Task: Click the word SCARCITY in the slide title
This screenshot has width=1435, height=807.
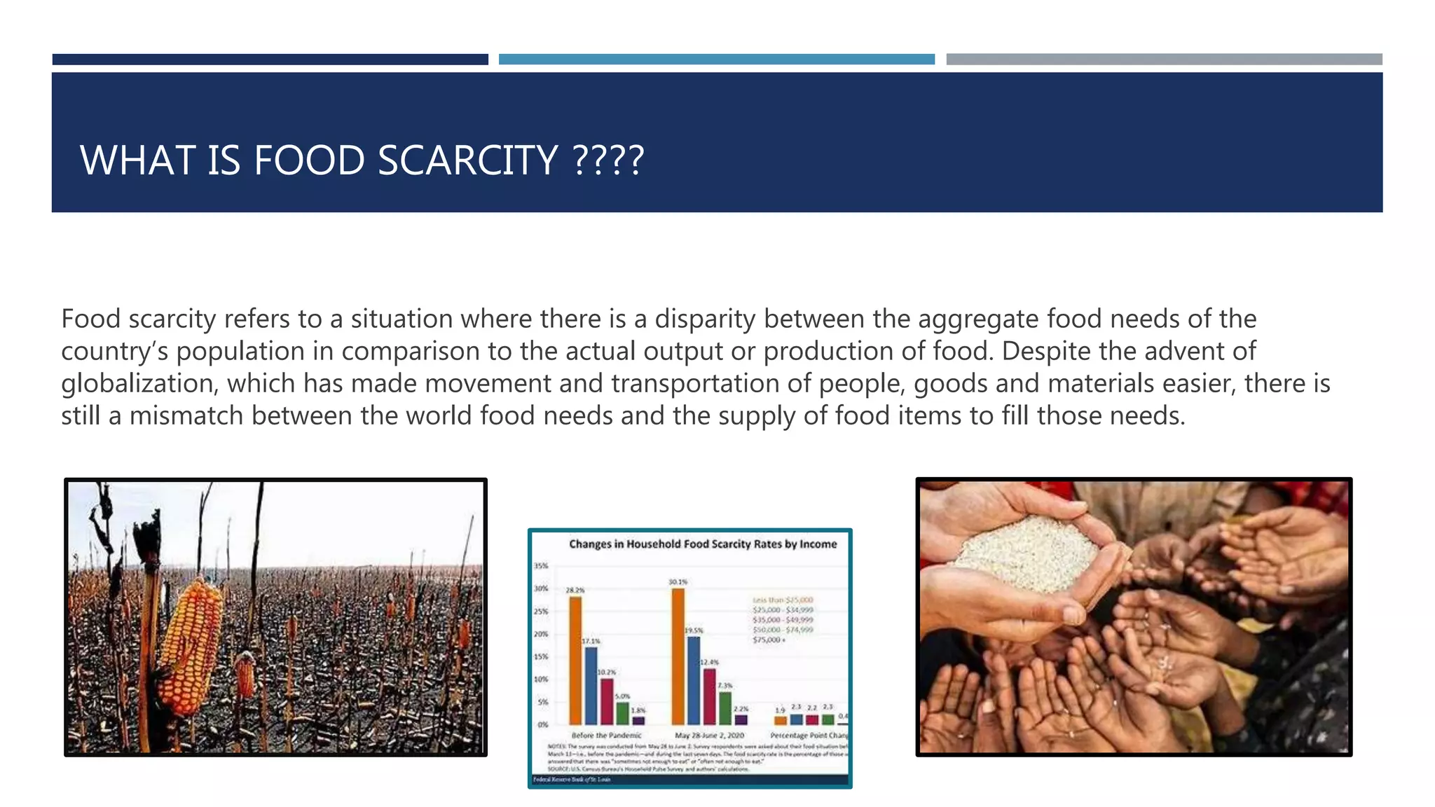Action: pos(467,160)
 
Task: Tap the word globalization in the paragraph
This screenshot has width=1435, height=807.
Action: pos(139,383)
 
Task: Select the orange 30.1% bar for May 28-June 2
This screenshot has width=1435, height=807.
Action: pos(678,656)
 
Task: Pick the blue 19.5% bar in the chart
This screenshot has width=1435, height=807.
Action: pos(694,680)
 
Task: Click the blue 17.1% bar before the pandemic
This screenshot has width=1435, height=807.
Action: pos(591,685)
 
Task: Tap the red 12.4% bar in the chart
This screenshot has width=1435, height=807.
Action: pos(709,696)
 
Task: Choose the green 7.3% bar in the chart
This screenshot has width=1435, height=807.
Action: pos(725,708)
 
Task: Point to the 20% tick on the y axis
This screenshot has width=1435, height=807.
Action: pos(541,634)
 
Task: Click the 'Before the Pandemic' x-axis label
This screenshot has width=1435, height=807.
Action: pos(606,736)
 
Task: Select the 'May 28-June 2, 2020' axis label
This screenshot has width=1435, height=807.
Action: pos(709,736)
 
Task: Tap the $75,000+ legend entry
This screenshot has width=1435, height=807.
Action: pos(769,640)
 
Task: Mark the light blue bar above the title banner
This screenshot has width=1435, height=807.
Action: pos(716,60)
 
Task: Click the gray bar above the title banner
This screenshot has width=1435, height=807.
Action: pos(1164,60)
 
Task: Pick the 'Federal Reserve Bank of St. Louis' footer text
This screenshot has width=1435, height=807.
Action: pos(572,779)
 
